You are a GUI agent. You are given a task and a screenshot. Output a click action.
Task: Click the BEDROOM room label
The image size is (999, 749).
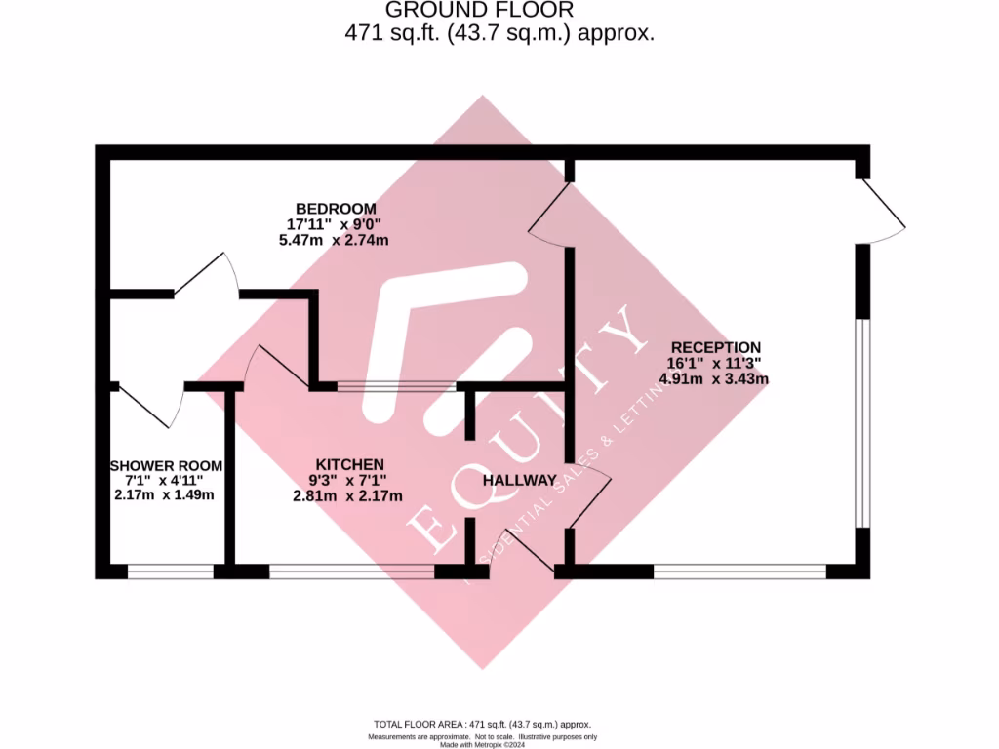tap(336, 209)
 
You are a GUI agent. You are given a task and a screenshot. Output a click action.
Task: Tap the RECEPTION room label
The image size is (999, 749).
tap(715, 347)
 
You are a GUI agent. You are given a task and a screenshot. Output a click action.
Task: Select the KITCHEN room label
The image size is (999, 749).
tap(349, 464)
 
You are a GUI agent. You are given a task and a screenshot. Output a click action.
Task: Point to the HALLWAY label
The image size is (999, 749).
tap(520, 480)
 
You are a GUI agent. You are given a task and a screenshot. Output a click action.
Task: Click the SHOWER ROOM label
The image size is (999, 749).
tap(166, 466)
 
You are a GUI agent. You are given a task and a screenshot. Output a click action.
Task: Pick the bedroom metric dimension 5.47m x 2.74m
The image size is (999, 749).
tap(336, 240)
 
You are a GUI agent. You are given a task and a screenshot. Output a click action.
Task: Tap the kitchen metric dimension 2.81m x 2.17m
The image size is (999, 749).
tap(349, 495)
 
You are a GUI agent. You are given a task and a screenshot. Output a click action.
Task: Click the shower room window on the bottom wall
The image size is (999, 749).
tap(171, 572)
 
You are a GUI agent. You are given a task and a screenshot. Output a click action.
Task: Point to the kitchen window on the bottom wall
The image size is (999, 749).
tap(351, 572)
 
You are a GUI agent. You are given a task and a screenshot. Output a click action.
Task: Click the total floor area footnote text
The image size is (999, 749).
tap(483, 725)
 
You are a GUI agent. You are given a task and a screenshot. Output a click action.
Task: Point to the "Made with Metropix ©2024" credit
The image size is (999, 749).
tap(483, 744)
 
